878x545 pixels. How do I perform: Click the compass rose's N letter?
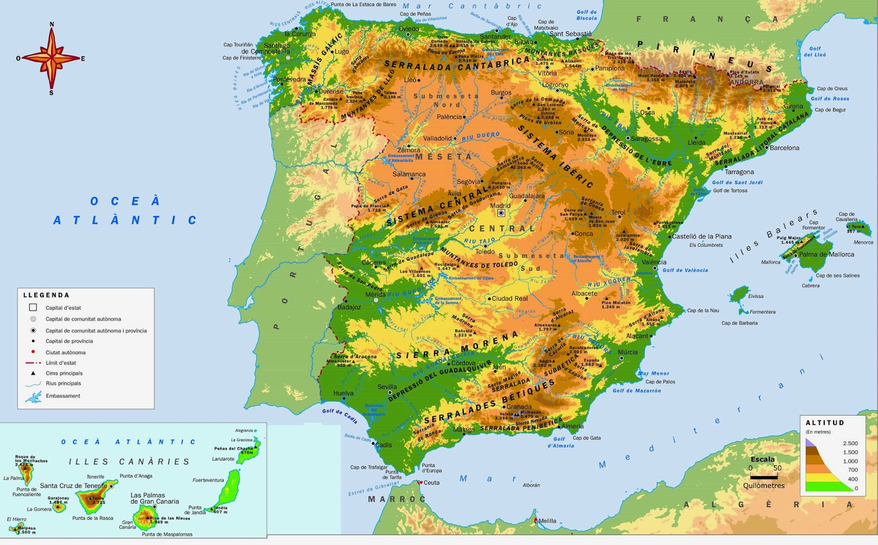pyautogui.click(x=52, y=24)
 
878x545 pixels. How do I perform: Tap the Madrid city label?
pyautogui.click(x=500, y=206)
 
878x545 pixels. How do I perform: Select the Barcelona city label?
pyautogui.click(x=784, y=148)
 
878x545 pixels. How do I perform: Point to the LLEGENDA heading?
pyautogui.click(x=46, y=295)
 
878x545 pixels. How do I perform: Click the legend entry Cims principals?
pyautogui.click(x=64, y=373)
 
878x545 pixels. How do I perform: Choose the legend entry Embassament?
pyautogui.click(x=63, y=396)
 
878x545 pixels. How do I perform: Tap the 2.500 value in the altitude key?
pyautogui.click(x=850, y=443)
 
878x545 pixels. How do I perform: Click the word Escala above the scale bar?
pyautogui.click(x=762, y=459)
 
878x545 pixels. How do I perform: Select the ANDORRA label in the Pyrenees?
pyautogui.click(x=747, y=82)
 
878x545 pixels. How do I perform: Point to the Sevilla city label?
pyautogui.click(x=387, y=387)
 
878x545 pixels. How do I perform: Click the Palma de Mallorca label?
pyautogui.click(x=826, y=254)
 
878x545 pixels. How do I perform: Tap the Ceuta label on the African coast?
pyautogui.click(x=431, y=483)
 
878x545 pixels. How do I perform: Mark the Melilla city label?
pyautogui.click(x=547, y=521)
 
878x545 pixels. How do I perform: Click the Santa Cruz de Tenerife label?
pyautogui.click(x=74, y=486)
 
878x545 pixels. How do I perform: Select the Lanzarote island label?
pyautogui.click(x=223, y=459)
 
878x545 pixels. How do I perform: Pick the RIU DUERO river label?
pyautogui.click(x=481, y=136)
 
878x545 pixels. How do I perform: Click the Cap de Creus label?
pyautogui.click(x=832, y=88)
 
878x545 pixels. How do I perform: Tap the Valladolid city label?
pyautogui.click(x=437, y=138)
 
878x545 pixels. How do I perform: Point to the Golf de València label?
pyautogui.click(x=685, y=270)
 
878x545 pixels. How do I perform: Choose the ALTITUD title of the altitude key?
pyautogui.click(x=825, y=423)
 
